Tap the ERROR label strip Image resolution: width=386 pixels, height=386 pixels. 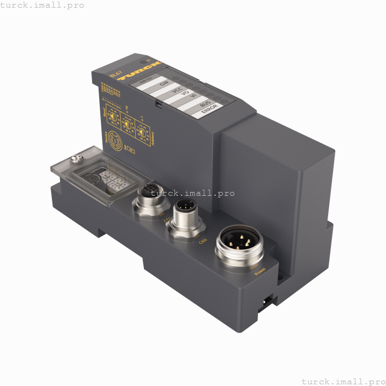(x=211, y=110)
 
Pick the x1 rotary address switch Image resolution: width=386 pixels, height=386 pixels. (x=142, y=131)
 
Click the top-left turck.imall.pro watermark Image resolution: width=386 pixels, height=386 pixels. (x=42, y=5)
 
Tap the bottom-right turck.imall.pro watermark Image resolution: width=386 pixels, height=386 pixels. (x=342, y=381)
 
